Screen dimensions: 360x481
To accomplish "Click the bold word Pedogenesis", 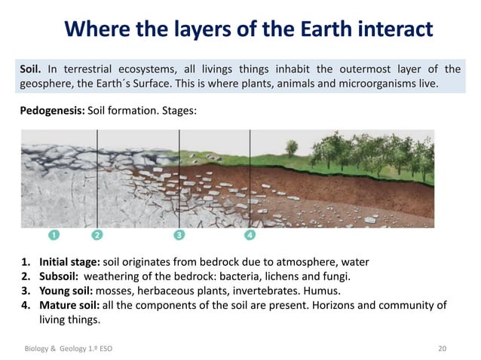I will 51,110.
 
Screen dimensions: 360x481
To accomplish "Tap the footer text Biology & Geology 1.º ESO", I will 69,349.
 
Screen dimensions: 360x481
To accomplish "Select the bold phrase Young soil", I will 69,291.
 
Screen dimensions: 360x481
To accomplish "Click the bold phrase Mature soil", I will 71,305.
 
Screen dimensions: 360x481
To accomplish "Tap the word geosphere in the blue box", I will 44,82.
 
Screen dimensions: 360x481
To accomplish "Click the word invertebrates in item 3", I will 274,291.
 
